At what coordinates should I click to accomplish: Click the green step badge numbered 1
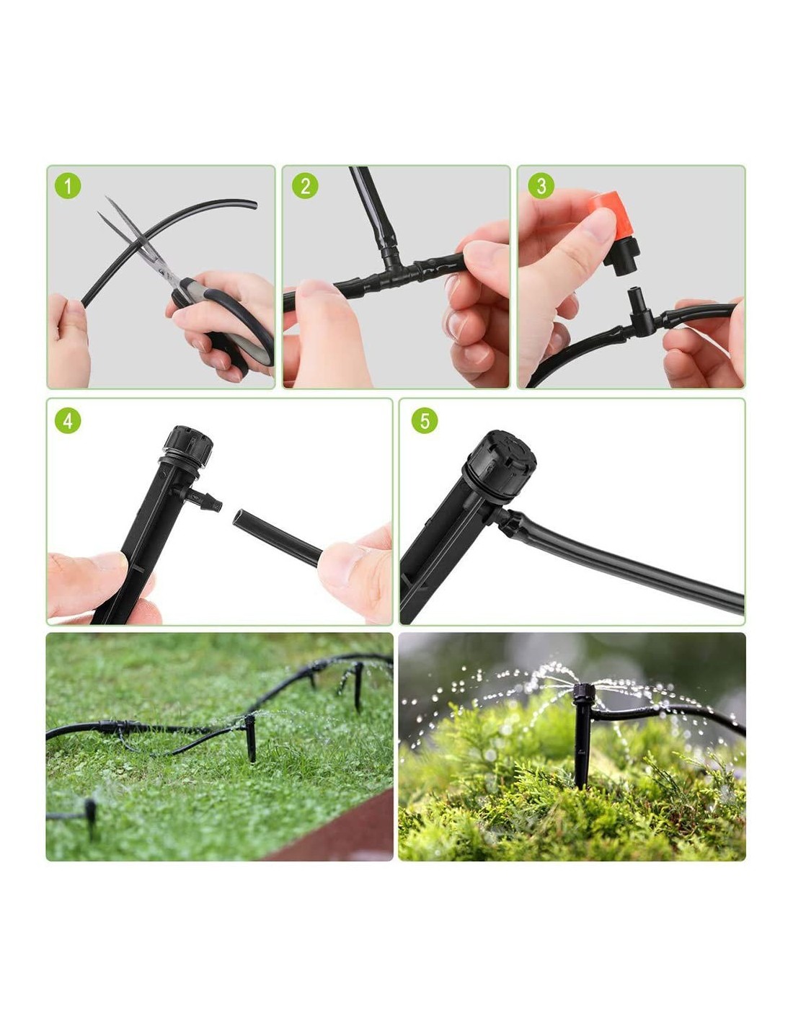point(68,186)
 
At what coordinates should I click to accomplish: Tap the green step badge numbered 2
point(305,186)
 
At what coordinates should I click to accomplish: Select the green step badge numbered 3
point(541,186)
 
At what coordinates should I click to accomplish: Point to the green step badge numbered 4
point(68,420)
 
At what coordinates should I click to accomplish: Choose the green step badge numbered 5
point(424,420)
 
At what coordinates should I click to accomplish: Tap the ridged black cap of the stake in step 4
point(187,445)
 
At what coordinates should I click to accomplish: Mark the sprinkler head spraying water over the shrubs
point(584,693)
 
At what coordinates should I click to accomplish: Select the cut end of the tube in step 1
point(254,204)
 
